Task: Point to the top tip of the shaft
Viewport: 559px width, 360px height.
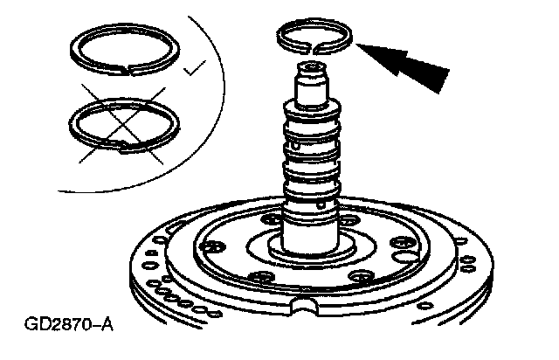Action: (x=311, y=65)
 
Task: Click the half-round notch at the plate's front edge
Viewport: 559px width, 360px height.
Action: (x=308, y=306)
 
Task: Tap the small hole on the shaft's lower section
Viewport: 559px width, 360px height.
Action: (x=325, y=203)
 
